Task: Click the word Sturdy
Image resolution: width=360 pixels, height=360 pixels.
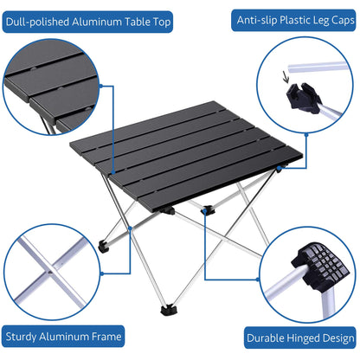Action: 27,337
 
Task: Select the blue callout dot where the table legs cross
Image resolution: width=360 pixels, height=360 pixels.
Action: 129,228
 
